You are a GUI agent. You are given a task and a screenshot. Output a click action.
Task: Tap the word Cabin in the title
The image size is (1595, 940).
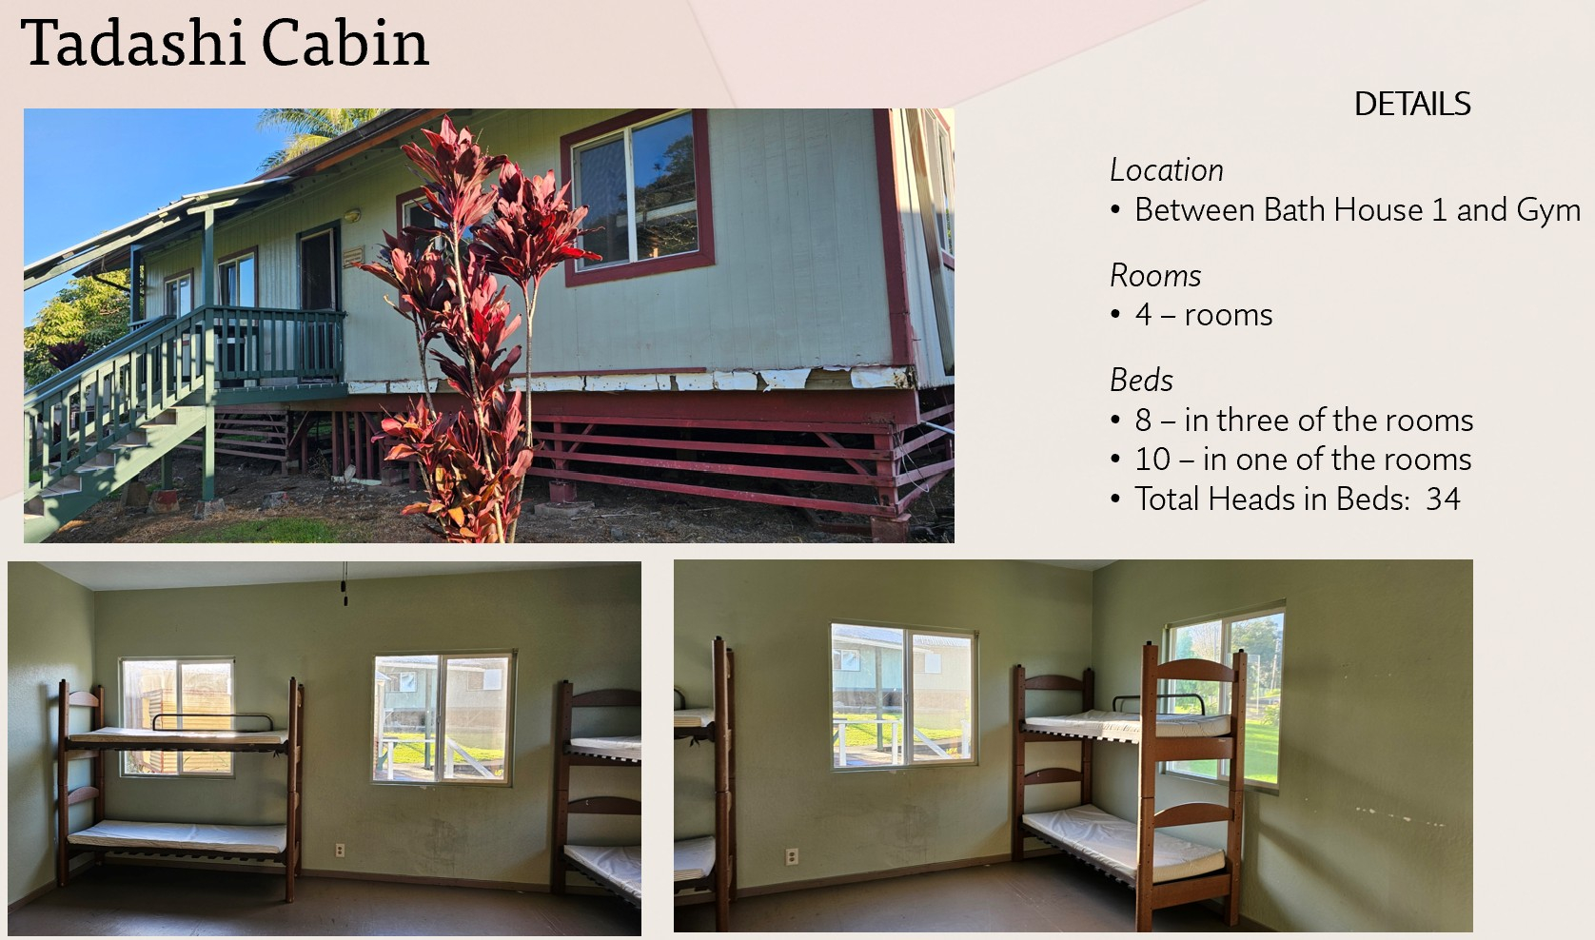point(346,43)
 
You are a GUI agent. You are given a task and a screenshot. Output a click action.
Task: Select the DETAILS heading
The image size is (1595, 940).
point(1412,105)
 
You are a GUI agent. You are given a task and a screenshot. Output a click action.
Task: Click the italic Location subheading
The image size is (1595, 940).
point(1167,170)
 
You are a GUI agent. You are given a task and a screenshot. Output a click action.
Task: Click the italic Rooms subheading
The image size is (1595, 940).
point(1155,276)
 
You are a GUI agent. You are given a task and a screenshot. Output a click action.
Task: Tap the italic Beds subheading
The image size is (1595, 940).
point(1141,381)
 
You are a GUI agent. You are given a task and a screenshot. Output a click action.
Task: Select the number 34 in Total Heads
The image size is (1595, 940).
point(1443,499)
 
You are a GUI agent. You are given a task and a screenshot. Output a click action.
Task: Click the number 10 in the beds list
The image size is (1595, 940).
point(1152,460)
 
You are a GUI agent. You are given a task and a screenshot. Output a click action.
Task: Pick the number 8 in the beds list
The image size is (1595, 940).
point(1143,421)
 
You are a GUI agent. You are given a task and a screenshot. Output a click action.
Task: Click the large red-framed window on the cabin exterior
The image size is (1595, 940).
point(637,197)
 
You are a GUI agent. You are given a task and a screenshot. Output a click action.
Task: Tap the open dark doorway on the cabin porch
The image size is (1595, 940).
point(318,270)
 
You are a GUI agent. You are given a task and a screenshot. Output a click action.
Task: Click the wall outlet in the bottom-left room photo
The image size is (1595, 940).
point(340,850)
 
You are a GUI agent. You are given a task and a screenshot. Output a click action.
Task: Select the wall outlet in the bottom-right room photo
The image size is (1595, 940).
point(791,856)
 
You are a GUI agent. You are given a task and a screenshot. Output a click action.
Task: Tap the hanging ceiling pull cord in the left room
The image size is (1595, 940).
point(345,585)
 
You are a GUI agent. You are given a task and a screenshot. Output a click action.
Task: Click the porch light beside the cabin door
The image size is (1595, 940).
point(352,214)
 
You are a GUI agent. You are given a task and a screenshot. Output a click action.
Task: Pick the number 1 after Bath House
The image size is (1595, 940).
point(1439,209)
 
